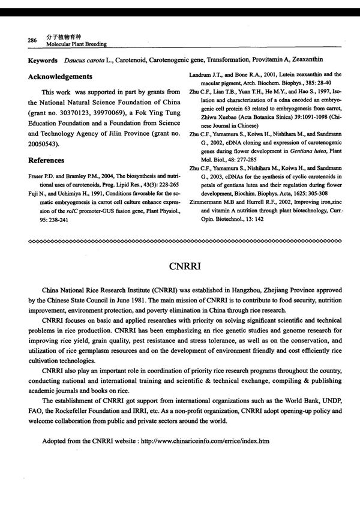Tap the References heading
tap(46, 160)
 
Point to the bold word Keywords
tap(43, 61)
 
